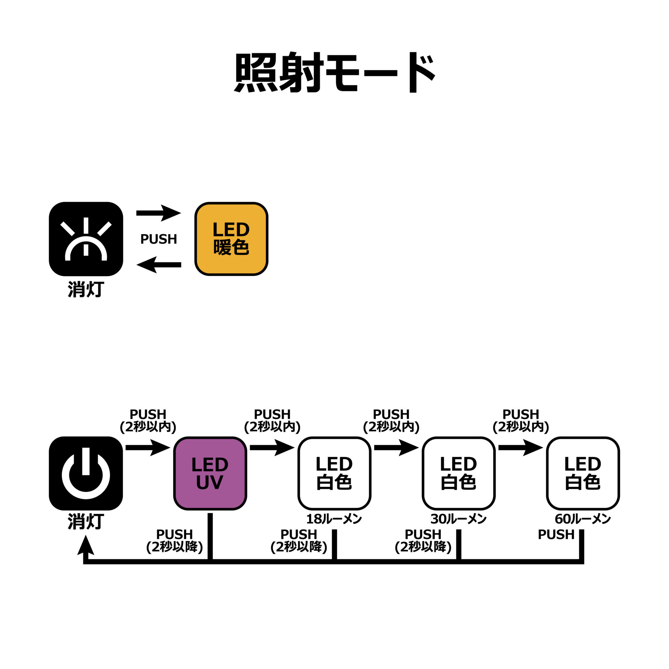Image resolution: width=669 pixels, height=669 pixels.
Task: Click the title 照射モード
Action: coord(334,72)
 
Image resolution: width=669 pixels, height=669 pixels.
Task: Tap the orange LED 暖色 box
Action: coord(231,239)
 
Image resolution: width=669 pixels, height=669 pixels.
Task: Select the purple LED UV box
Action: coord(210,473)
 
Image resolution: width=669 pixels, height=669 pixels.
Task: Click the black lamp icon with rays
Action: coord(86,239)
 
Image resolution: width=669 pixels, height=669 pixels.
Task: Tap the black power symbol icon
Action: coord(86,473)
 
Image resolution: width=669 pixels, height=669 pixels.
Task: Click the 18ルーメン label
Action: coord(334,519)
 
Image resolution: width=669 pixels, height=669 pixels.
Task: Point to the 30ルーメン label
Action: coord(458,519)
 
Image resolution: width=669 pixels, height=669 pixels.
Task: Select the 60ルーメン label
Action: coord(583,519)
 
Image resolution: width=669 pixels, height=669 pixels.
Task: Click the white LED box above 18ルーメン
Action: coord(334,473)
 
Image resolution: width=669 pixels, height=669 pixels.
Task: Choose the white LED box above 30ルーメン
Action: coord(459,473)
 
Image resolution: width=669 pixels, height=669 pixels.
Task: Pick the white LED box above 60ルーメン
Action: coord(583,473)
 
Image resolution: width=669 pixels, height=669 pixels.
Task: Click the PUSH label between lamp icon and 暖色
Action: coord(159,239)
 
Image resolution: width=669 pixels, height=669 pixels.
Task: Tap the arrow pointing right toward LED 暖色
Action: coord(159,213)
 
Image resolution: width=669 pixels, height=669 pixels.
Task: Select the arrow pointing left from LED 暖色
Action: coord(159,265)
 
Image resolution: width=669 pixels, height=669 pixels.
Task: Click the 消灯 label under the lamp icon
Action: coord(86,289)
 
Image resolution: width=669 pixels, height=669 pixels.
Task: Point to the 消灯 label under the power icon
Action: coord(86,522)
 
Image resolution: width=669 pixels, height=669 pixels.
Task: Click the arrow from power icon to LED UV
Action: coord(148,447)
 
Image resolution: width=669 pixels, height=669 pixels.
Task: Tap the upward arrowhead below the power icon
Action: coord(86,545)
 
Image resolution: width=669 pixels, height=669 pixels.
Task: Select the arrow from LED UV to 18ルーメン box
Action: coord(272,447)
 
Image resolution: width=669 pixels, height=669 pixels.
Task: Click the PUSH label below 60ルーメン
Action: coord(556,535)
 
